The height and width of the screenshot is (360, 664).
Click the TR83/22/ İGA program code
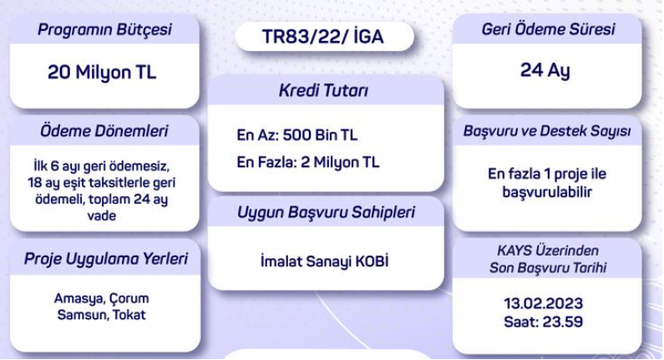[x=323, y=37]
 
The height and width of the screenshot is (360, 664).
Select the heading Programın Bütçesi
[x=104, y=29]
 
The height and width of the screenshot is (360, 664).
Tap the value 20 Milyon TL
[x=102, y=73]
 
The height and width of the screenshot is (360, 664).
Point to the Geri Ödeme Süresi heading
[x=548, y=29]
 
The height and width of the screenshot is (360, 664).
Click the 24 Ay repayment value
[x=545, y=70]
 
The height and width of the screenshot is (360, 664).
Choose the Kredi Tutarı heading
[x=323, y=91]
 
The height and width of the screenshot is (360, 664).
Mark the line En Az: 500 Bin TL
[x=297, y=135]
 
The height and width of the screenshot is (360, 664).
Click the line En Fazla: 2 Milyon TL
[x=308, y=162]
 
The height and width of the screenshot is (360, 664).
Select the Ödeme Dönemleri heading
[x=104, y=131]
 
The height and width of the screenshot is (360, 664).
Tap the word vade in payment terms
[x=102, y=215]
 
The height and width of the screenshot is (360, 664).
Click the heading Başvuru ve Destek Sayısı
[x=547, y=131]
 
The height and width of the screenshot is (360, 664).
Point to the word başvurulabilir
[x=547, y=192]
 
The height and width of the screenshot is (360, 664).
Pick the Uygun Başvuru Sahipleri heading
[x=326, y=213]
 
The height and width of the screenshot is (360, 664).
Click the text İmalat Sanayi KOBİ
[x=324, y=261]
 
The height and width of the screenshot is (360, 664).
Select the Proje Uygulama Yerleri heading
[x=105, y=259]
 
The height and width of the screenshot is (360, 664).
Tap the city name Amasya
[x=79, y=298]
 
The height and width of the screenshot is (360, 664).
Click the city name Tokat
[x=129, y=315]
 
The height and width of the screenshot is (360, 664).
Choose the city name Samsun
[x=83, y=315]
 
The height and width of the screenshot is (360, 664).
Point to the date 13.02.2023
[x=544, y=303]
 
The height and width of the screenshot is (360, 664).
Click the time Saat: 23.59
[x=544, y=322]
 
